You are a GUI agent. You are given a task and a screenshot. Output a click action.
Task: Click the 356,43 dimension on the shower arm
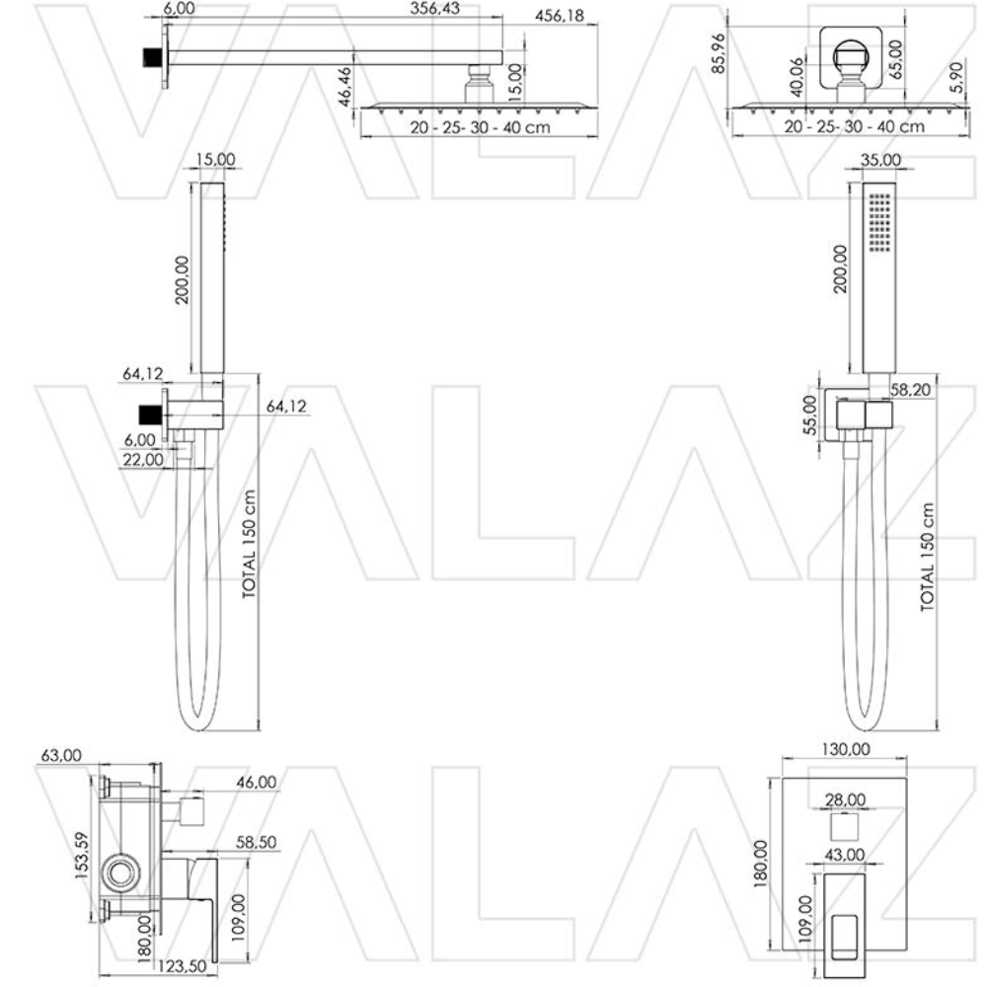click(434, 10)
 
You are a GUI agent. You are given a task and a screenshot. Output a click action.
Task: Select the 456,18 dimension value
click(559, 16)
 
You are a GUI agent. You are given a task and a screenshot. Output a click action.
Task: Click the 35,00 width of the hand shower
click(879, 159)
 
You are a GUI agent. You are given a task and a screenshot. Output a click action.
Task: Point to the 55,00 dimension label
click(810, 414)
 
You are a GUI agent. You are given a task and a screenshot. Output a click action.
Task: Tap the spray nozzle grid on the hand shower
click(879, 223)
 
